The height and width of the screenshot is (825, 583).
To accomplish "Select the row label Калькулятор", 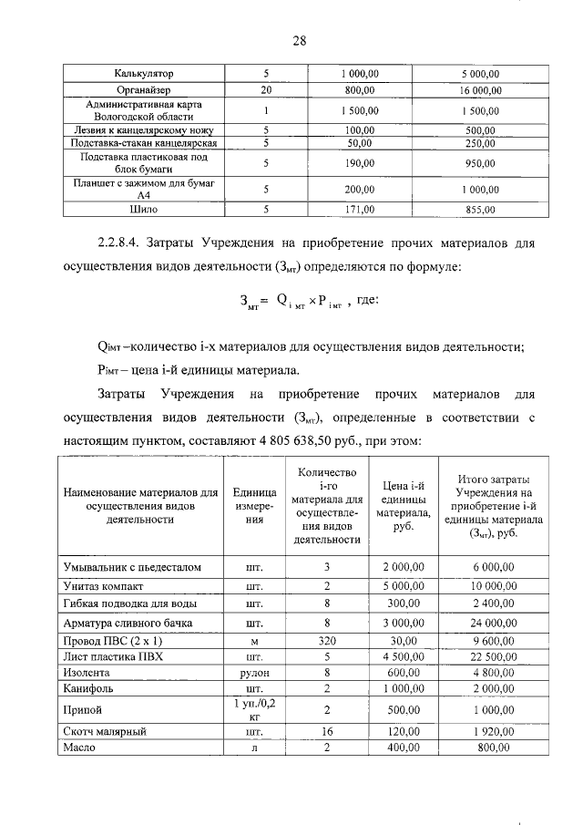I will click(144, 72).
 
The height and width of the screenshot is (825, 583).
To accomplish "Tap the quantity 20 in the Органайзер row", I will click(266, 90).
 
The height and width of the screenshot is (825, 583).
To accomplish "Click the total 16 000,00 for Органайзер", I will click(479, 90).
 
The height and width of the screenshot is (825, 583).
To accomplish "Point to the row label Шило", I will click(144, 210).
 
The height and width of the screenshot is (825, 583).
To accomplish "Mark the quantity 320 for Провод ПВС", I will click(328, 641).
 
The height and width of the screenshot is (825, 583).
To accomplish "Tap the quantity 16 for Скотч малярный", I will click(328, 731).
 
